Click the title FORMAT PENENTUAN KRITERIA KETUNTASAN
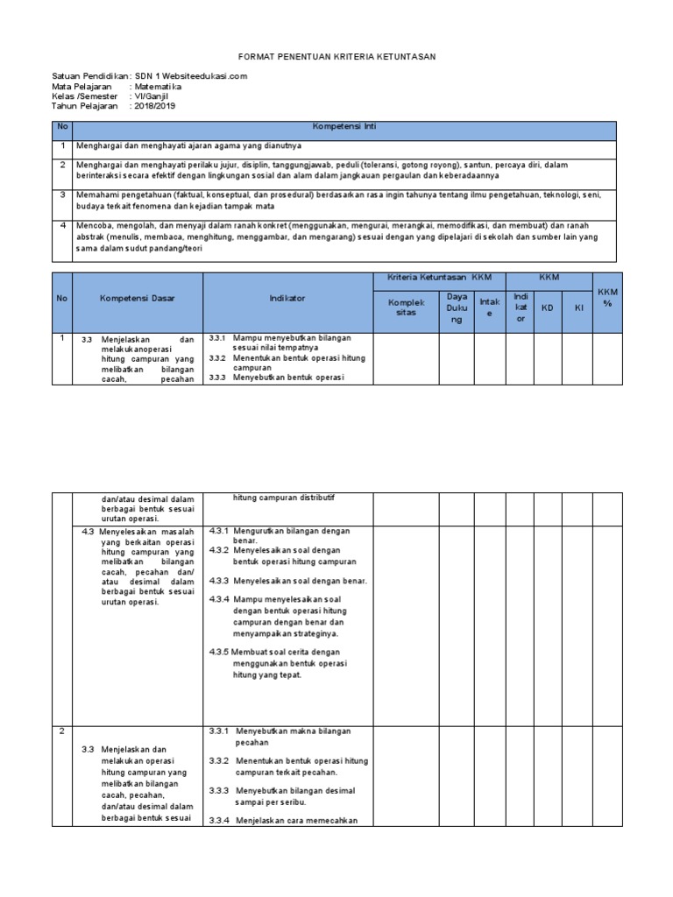[336, 57]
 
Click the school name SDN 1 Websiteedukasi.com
[191, 76]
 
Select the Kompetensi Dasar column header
[138, 299]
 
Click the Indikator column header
[287, 299]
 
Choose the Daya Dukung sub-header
[457, 307]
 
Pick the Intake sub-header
[490, 307]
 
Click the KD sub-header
[548, 308]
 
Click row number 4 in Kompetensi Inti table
[63, 225]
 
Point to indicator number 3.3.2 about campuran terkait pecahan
[219, 760]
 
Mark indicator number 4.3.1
[219, 531]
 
